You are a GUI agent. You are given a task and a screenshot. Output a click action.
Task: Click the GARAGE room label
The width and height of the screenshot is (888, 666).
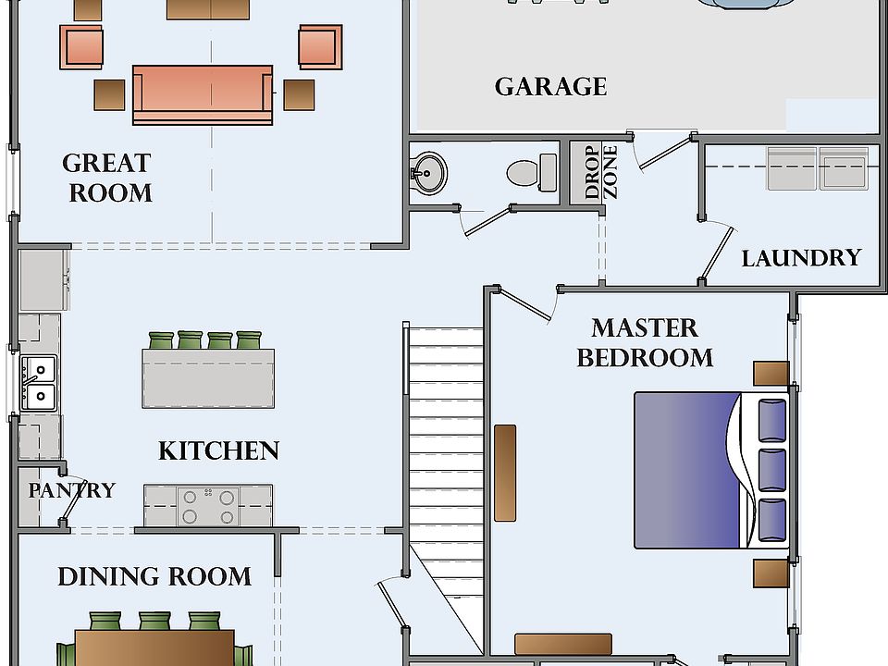pyautogui.click(x=550, y=87)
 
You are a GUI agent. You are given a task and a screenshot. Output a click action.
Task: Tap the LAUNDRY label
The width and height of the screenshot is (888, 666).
pyautogui.click(x=801, y=258)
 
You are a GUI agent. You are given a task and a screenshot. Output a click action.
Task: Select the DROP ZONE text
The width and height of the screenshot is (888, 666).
pyautogui.click(x=600, y=172)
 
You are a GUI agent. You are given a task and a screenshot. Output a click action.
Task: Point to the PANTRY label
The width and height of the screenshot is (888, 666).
pyautogui.click(x=72, y=490)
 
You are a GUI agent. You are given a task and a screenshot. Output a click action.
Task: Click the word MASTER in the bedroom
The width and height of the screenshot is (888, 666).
pyautogui.click(x=645, y=327)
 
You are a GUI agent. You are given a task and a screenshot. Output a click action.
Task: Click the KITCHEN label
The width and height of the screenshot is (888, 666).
pyautogui.click(x=218, y=450)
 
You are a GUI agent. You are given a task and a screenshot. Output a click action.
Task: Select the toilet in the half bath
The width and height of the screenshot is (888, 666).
pyautogui.click(x=532, y=173)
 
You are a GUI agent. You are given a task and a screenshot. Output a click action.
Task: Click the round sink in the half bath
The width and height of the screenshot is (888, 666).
pyautogui.click(x=428, y=173)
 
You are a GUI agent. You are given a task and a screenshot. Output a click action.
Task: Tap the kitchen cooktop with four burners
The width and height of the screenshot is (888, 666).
pyautogui.click(x=208, y=506)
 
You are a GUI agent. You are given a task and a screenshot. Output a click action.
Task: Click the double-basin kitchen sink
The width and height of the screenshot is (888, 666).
pyautogui.click(x=39, y=383)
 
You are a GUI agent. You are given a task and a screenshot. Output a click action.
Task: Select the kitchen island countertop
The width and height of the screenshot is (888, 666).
pyautogui.click(x=208, y=378)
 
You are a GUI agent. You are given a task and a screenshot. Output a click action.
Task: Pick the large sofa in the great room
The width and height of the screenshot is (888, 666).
pyautogui.click(x=203, y=94)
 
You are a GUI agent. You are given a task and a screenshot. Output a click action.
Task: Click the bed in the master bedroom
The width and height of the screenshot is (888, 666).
pyautogui.click(x=711, y=470)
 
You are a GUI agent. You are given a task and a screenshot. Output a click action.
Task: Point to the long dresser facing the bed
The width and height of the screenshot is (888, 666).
pyautogui.click(x=505, y=473)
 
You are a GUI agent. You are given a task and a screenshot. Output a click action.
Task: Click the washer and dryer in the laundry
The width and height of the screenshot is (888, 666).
pyautogui.click(x=818, y=168)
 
